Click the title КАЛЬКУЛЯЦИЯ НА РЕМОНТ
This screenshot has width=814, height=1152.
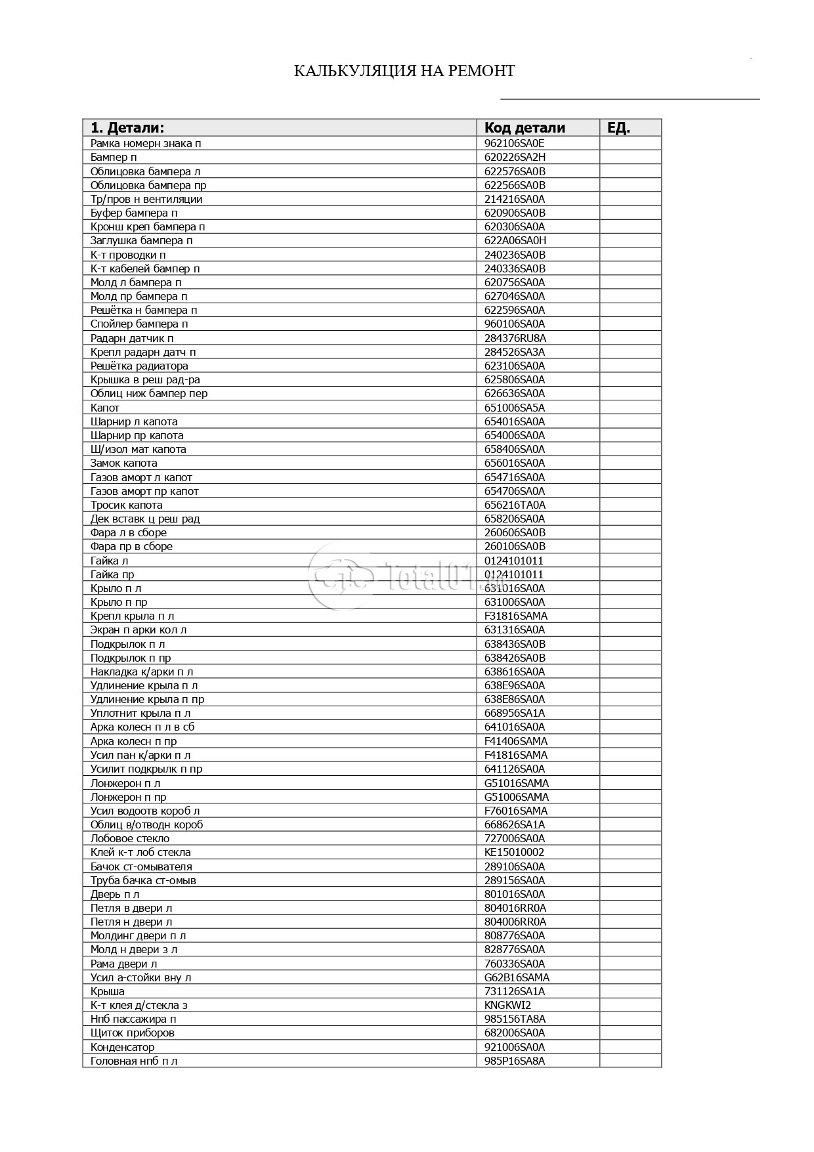[x=404, y=71]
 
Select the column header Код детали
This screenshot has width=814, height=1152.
[x=525, y=128]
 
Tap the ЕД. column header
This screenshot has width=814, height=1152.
[x=618, y=128]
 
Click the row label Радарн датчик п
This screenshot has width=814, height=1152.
[x=132, y=338]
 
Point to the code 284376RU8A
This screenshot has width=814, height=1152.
[x=515, y=338]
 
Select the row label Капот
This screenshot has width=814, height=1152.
[x=105, y=408]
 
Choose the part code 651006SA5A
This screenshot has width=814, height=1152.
[x=515, y=408]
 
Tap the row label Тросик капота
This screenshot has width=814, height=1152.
[x=127, y=505]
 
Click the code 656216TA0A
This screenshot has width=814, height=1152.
[x=515, y=505]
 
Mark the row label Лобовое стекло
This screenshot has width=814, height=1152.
[x=130, y=838]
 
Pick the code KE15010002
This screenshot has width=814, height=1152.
[x=514, y=852]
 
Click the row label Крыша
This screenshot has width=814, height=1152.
[x=108, y=991]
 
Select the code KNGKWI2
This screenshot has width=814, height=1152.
[x=507, y=1005]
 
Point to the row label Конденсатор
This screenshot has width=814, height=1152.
[x=123, y=1047]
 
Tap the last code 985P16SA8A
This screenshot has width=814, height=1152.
[x=515, y=1061]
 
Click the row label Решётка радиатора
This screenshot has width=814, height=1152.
[x=139, y=366]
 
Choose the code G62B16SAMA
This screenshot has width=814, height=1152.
[x=517, y=977]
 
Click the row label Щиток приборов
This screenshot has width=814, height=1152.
[x=133, y=1033]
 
